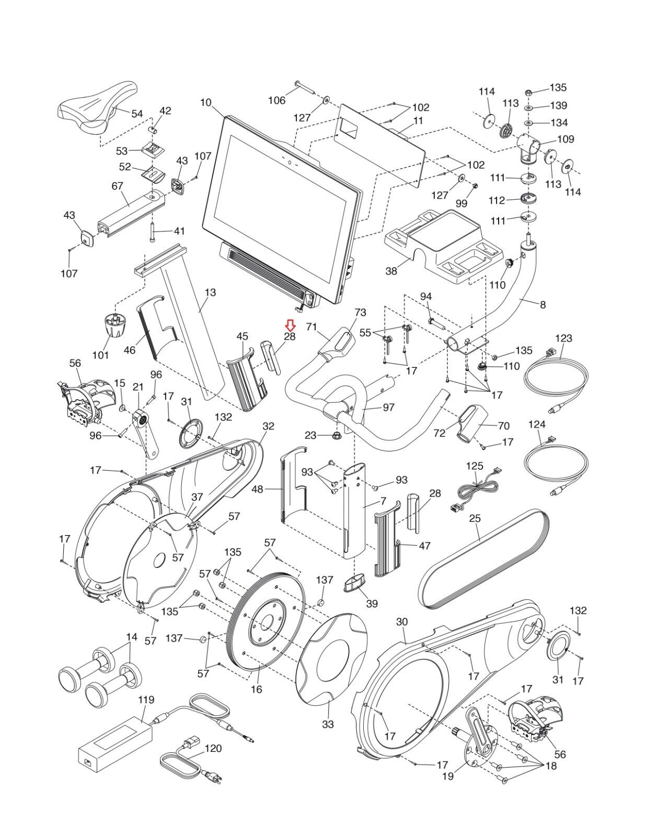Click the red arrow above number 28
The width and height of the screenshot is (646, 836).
(x=290, y=327)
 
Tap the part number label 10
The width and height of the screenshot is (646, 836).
(x=206, y=102)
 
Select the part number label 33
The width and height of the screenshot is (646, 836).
(x=328, y=724)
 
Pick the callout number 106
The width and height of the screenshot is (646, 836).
(x=276, y=100)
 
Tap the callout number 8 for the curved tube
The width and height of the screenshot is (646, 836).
(x=543, y=305)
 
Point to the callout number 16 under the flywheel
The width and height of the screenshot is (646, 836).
(x=256, y=689)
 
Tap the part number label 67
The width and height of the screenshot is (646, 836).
(x=117, y=187)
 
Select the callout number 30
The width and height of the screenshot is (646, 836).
(x=401, y=622)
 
